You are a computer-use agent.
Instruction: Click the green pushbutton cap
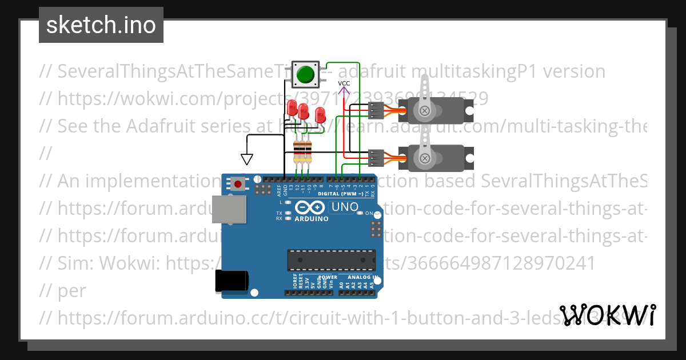point(306,74)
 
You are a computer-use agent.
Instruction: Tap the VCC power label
point(344,83)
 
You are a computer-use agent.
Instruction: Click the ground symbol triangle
point(247,158)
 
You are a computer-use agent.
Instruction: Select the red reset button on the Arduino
point(237,183)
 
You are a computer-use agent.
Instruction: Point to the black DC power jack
point(231,281)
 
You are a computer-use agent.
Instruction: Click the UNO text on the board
point(345,207)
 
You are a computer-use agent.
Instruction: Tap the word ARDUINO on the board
point(312,218)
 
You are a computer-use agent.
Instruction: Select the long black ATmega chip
point(332,260)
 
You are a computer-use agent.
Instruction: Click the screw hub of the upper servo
point(424,111)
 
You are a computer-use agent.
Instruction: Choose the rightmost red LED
point(320,114)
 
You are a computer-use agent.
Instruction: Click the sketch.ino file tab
point(101,25)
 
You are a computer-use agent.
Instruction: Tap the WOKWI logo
point(608,315)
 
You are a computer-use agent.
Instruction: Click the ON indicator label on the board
point(369,213)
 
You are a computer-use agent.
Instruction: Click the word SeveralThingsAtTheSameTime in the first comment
point(171,71)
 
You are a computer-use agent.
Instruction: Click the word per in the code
point(71,290)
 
